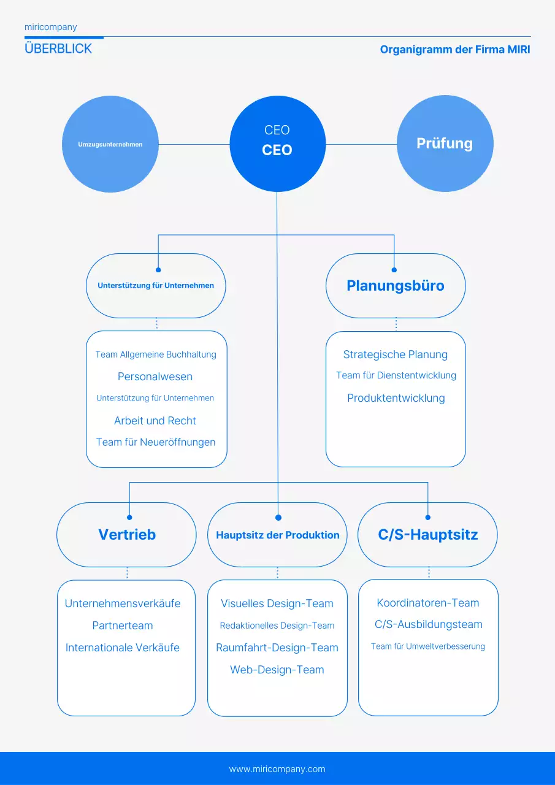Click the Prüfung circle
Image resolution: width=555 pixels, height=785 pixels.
tap(445, 144)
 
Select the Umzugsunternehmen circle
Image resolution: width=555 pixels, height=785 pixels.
tap(110, 145)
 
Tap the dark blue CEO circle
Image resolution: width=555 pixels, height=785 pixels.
tap(277, 144)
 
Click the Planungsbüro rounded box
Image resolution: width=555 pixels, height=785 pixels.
tap(396, 286)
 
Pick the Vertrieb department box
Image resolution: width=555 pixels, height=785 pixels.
tap(127, 535)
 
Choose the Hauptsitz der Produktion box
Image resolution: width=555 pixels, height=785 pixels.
tap(277, 535)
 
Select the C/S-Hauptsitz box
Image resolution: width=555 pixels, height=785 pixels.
tap(427, 535)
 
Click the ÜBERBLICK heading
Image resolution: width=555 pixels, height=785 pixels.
tap(58, 49)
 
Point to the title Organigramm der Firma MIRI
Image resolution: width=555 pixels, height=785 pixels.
tap(454, 50)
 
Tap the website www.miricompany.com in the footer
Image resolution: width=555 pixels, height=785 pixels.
tap(277, 769)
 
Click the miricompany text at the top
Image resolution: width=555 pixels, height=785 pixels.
tap(51, 27)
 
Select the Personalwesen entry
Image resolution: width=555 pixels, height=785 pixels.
tap(155, 377)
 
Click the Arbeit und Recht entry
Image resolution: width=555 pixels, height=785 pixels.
tap(155, 421)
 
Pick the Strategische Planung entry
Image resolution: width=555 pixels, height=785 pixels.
tap(396, 354)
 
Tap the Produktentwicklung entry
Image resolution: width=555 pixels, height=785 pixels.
tap(396, 398)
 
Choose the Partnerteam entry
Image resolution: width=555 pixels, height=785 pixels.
tap(123, 626)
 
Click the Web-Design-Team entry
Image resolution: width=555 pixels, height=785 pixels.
tap(277, 670)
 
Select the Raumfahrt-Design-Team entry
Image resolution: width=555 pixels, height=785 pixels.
tap(277, 648)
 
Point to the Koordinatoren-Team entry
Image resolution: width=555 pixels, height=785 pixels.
tap(428, 603)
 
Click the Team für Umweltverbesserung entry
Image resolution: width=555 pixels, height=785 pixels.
tap(428, 646)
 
